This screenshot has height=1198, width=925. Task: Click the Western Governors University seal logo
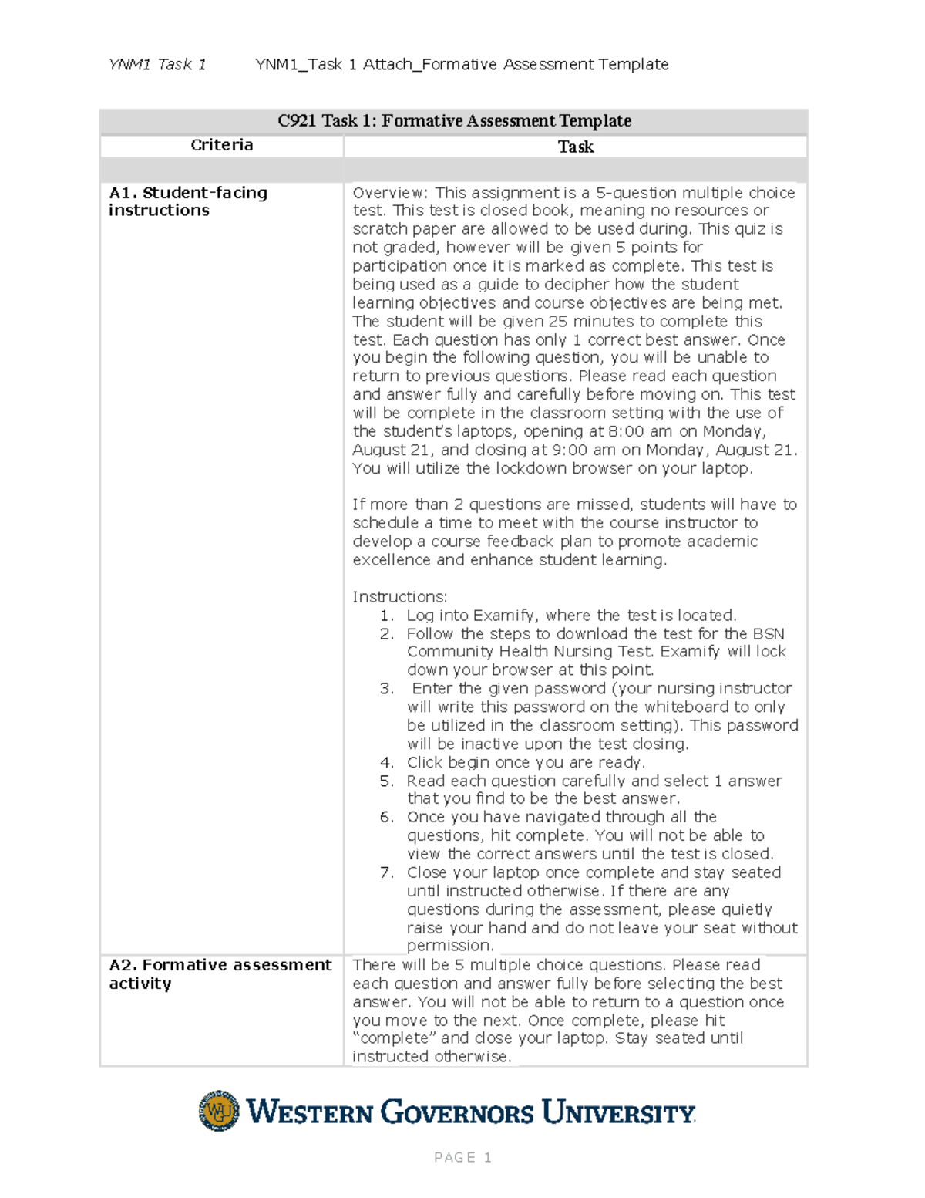pyautogui.click(x=219, y=1111)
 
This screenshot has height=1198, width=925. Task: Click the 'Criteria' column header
pyautogui.click(x=222, y=145)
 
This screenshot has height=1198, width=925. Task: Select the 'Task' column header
pyautogui.click(x=576, y=147)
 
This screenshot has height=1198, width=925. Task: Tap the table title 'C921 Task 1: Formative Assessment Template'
pyautogui.click(x=454, y=120)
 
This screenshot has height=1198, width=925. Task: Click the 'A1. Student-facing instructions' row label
pyautogui.click(x=187, y=201)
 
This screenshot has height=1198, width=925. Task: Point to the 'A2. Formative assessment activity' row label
pyautogui.click(x=220, y=974)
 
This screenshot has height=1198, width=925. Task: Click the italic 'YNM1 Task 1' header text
pyautogui.click(x=157, y=65)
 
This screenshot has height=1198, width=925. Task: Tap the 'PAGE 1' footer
pyautogui.click(x=462, y=1157)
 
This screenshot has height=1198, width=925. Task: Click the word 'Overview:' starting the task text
pyautogui.click(x=389, y=193)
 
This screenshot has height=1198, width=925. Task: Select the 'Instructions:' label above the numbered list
pyautogui.click(x=399, y=596)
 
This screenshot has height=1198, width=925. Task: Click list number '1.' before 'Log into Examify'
pyautogui.click(x=387, y=616)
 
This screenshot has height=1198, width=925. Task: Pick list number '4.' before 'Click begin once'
pyautogui.click(x=387, y=762)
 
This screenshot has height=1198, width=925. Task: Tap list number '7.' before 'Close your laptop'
pyautogui.click(x=387, y=872)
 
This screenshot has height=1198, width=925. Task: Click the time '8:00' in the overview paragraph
pyautogui.click(x=626, y=431)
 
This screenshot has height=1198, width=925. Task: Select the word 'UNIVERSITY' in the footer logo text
pyautogui.click(x=618, y=1113)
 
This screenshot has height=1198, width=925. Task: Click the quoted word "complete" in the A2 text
pyautogui.click(x=394, y=1038)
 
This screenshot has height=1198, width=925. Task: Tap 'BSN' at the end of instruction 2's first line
pyautogui.click(x=769, y=634)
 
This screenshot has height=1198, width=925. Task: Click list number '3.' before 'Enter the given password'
pyautogui.click(x=387, y=689)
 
